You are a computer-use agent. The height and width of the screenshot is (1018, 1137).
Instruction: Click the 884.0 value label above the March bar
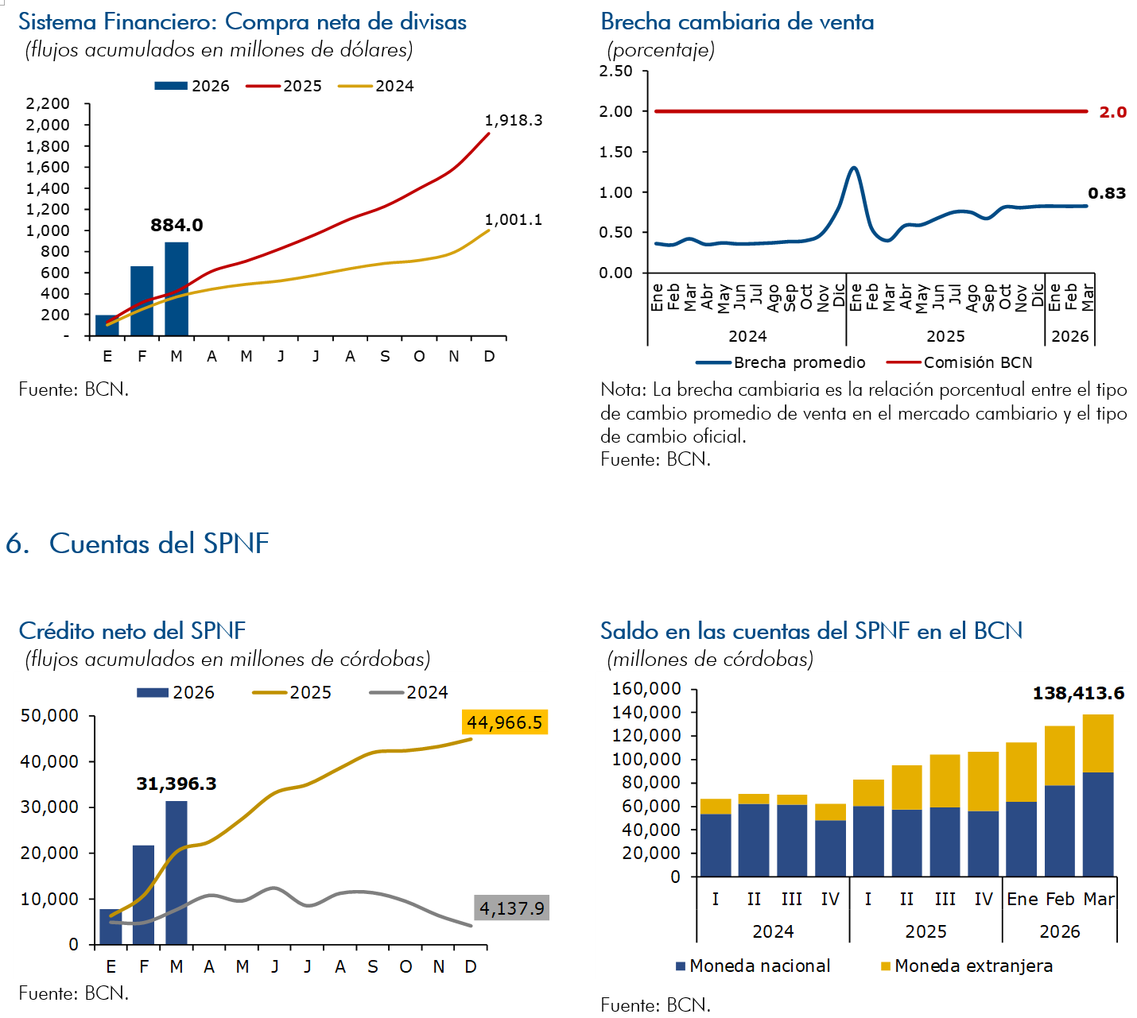click(177, 226)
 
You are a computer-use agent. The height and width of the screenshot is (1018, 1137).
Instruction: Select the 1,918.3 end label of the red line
click(514, 121)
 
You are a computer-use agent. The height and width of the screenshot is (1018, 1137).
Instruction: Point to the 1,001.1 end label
click(514, 220)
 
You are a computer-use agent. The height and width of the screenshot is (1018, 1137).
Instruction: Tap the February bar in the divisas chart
click(142, 301)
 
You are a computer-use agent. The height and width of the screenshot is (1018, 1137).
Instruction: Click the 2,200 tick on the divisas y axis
click(48, 104)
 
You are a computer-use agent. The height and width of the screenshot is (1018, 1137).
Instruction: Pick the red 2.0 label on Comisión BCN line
click(1112, 112)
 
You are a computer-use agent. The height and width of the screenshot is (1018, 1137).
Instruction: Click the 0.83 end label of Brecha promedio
click(1107, 194)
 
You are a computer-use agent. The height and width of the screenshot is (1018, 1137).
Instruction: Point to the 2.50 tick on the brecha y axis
click(616, 72)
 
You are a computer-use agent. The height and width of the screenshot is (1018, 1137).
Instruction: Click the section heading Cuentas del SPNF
click(158, 544)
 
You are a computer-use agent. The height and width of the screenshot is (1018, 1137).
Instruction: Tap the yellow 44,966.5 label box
click(504, 722)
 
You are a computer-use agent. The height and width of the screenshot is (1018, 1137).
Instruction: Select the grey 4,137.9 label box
click(512, 908)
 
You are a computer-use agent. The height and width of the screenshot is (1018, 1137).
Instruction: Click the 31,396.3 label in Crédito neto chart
click(177, 784)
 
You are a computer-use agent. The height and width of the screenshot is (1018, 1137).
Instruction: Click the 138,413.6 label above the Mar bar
click(1078, 694)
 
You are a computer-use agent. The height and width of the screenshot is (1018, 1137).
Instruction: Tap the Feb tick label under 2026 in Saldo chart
click(1060, 900)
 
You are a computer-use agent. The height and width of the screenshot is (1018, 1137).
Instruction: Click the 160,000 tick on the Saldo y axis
click(646, 689)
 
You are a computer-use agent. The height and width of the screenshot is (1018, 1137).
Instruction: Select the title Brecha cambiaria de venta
click(737, 22)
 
